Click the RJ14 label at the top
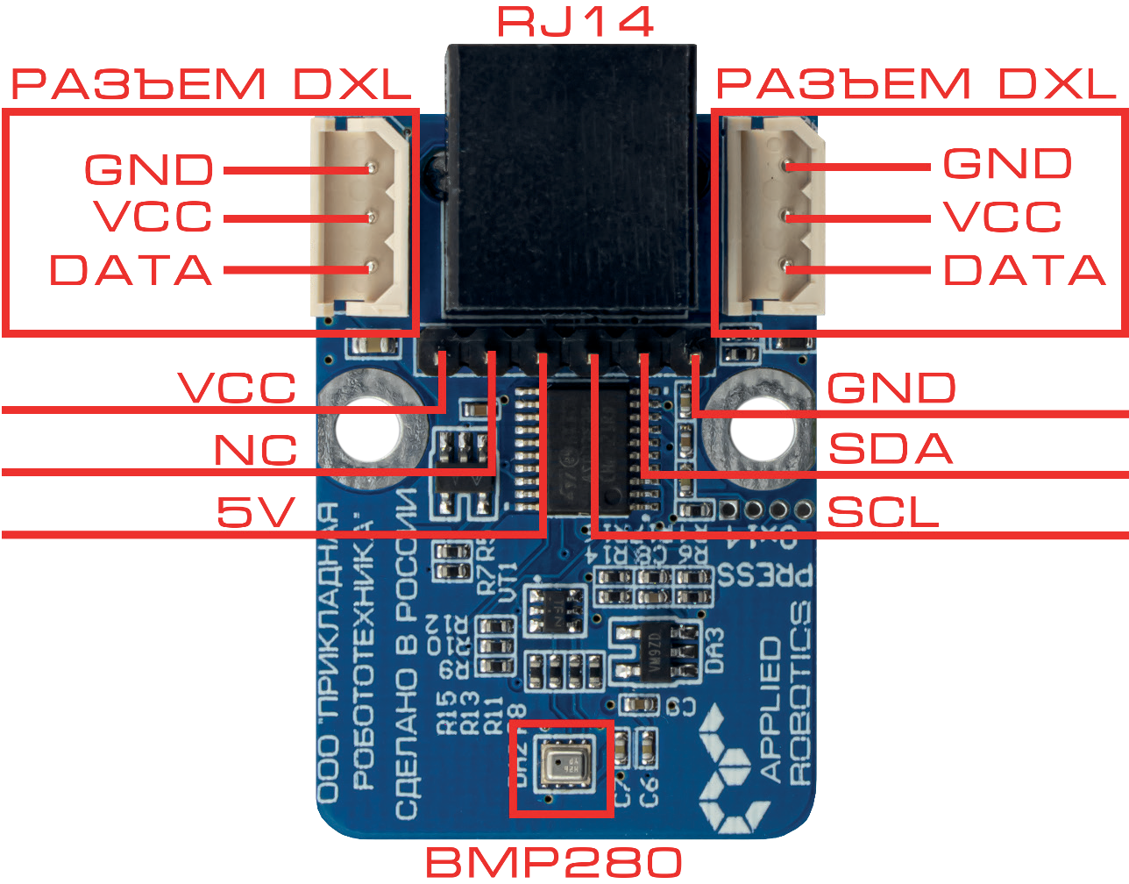576,21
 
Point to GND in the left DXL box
149,169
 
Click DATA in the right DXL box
1024,270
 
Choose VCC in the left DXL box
154,217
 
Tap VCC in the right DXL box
1002,217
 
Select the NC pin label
256,451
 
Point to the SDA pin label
890,449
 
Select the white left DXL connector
360,217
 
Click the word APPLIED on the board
770,709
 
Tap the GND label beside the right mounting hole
891,388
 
